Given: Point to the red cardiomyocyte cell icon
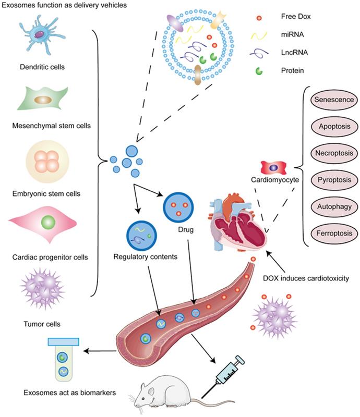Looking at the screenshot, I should click(275, 168).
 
